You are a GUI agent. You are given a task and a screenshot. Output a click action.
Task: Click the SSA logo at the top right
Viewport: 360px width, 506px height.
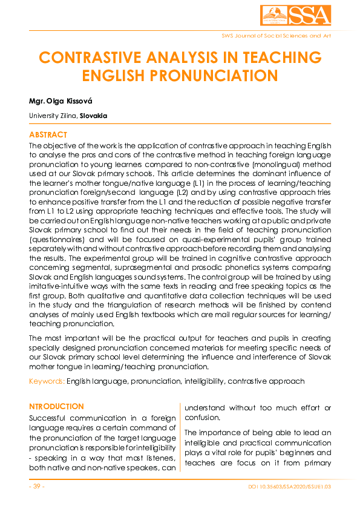[296, 16]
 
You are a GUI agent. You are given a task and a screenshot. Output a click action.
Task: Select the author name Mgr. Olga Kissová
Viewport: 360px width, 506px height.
[60, 98]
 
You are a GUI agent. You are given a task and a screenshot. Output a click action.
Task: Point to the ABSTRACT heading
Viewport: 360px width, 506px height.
[48, 135]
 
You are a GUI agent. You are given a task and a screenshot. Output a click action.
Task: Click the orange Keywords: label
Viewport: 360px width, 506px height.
[47, 381]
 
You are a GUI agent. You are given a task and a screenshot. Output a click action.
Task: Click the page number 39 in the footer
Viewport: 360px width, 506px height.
[37, 487]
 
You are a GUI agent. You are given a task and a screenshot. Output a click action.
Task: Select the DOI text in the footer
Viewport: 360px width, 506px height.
[289, 487]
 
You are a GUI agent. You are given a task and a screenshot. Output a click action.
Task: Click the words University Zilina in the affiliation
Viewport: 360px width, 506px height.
[51, 116]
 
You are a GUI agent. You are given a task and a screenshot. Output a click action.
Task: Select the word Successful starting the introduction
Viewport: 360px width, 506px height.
[50, 418]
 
